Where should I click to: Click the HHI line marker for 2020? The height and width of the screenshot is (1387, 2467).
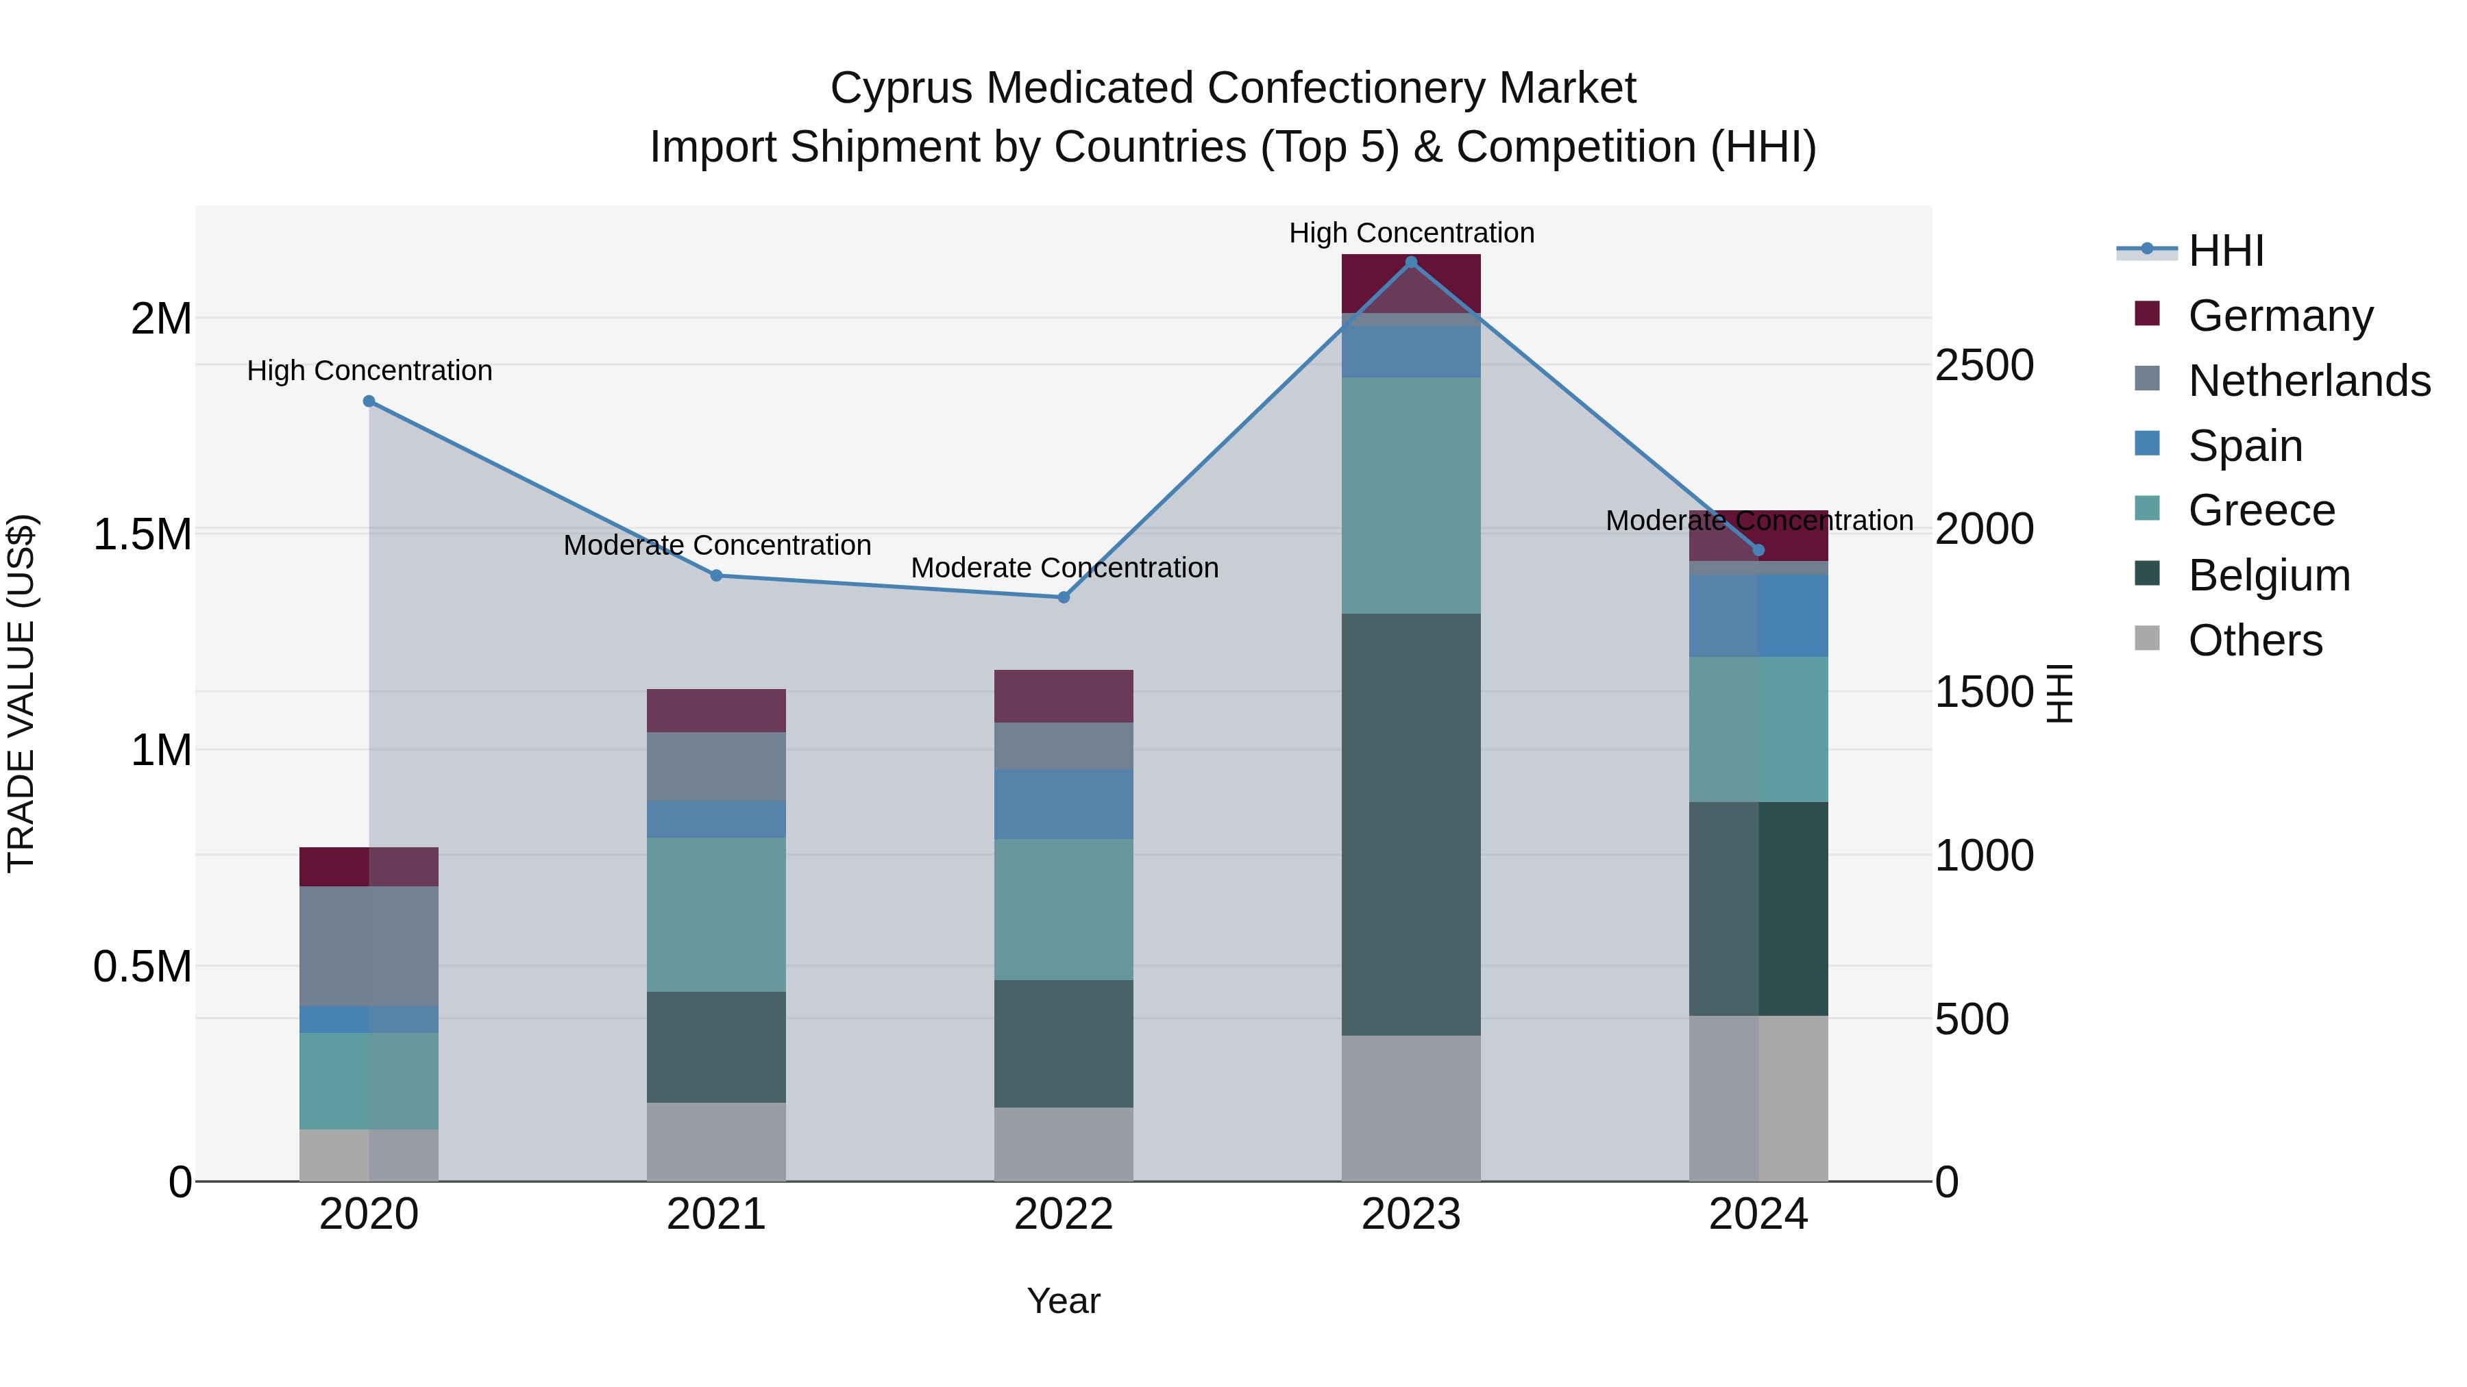369,401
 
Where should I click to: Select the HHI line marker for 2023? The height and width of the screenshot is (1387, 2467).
1411,262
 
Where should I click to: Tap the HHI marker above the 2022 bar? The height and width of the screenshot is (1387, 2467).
1063,597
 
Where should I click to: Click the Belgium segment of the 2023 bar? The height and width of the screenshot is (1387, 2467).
1411,823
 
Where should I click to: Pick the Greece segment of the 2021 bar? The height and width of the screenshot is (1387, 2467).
716,914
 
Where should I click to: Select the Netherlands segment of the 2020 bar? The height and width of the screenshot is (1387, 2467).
369,946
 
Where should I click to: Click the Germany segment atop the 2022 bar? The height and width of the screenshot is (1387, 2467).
1063,696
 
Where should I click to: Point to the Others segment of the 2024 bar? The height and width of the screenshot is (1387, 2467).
1758,1098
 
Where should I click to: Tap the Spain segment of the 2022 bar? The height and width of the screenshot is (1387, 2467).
1063,804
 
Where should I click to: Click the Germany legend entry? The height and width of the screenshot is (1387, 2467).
2279,316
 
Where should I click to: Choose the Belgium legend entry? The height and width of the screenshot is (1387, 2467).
2268,575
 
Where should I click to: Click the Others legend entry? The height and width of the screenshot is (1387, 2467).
2255,640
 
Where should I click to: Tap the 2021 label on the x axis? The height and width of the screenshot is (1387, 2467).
716,1214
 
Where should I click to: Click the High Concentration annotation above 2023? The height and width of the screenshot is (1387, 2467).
1411,233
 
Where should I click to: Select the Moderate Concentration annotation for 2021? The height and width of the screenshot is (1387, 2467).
716,545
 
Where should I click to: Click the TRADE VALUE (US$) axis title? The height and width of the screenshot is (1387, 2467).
21,693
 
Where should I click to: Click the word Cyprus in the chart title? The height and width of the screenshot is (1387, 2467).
902,88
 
